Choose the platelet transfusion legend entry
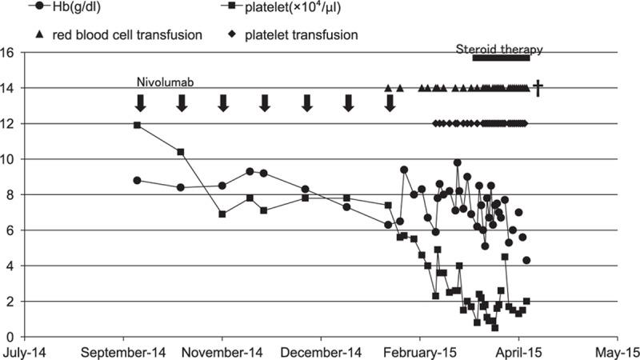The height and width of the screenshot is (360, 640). tap(296, 35)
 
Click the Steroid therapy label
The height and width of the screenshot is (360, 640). tap(500, 49)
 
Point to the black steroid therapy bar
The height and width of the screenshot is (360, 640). tap(501, 58)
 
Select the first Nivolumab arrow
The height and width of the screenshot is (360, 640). tap(140, 102)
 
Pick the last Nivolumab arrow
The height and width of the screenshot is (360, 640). tap(390, 102)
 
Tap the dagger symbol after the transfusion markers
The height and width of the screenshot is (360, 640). tap(538, 88)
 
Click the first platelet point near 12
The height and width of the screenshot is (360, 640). tap(138, 125)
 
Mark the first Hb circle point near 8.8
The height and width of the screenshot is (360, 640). tap(138, 181)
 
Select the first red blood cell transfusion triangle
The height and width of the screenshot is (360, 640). tap(388, 88)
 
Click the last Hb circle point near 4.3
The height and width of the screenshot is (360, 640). tap(526, 260)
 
